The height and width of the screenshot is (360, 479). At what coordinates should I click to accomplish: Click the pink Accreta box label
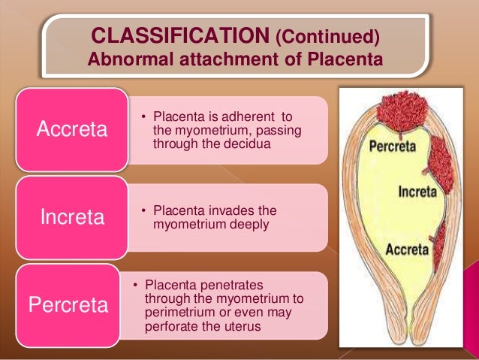(72, 129)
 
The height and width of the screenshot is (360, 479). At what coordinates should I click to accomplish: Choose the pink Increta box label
(72, 218)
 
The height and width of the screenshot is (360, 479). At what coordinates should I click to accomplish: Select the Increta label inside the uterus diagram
(417, 191)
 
